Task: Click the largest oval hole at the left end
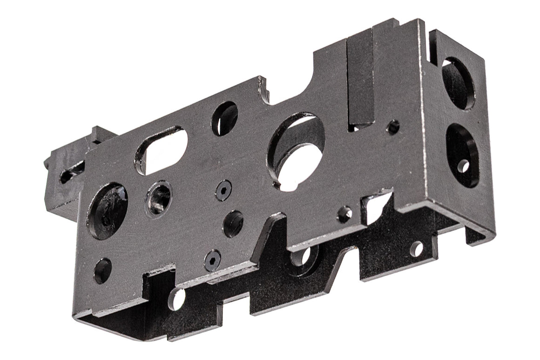[x=107, y=210]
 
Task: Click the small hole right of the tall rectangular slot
[x=393, y=126]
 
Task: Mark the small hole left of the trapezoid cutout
[x=345, y=213]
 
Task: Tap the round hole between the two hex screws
[x=233, y=224]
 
